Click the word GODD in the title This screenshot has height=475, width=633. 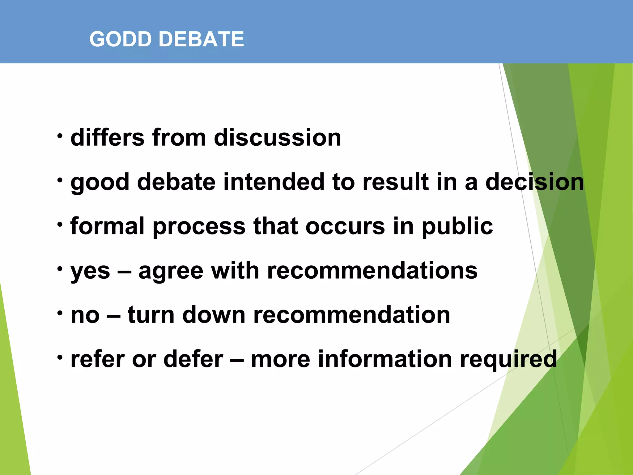121,39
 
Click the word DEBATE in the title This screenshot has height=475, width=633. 201,39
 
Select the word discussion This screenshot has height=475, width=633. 277,137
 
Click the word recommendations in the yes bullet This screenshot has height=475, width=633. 372,270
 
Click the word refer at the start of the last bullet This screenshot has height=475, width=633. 97,359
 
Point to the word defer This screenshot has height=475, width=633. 193,359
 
